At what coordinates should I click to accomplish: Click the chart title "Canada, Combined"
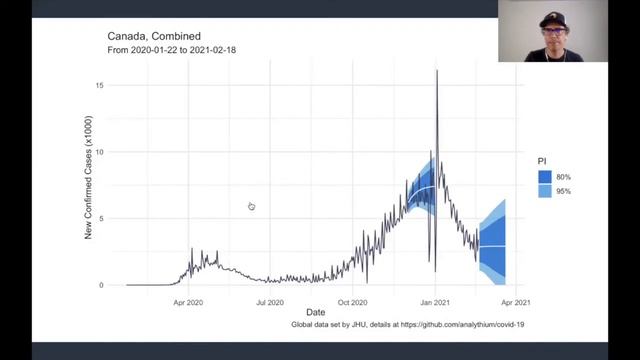pos(154,36)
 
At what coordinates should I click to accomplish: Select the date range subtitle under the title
pos(171,50)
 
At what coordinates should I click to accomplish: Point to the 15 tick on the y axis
pos(100,85)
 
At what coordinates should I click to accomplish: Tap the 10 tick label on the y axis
pos(100,152)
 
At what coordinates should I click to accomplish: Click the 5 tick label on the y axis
pos(101,218)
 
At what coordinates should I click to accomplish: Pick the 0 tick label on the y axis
pos(101,285)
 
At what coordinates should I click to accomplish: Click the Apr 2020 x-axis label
pos(188,302)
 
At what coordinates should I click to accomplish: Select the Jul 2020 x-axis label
pos(270,302)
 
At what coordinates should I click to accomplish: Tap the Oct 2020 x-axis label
pos(352,302)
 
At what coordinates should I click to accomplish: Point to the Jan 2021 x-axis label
pos(435,302)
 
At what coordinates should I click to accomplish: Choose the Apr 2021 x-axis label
pos(516,302)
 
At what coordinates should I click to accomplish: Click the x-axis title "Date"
pos(316,312)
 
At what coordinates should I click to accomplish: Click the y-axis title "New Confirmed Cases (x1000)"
pos(88,178)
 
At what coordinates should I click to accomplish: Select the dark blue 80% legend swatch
pos(545,177)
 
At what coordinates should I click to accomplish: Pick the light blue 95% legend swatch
pos(545,191)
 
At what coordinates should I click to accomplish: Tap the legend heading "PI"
pos(542,161)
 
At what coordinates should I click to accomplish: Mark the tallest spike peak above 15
pos(437,71)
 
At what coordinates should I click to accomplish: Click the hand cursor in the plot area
pos(251,206)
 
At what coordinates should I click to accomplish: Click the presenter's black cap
pos(553,20)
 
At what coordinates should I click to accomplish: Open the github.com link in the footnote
pos(462,324)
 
